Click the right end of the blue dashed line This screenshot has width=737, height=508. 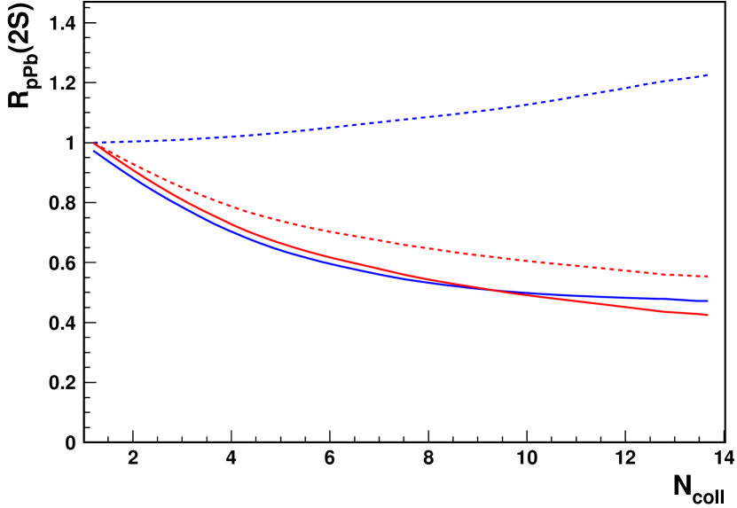(707, 76)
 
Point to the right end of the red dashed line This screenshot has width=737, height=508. (707, 277)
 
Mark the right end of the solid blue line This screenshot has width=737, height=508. (707, 301)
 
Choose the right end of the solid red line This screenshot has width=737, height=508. (707, 315)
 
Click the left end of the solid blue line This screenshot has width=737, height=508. (94, 152)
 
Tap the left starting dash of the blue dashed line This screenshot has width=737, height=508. (98, 143)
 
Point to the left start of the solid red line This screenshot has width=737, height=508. (95, 144)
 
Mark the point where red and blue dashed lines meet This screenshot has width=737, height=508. (95, 144)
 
